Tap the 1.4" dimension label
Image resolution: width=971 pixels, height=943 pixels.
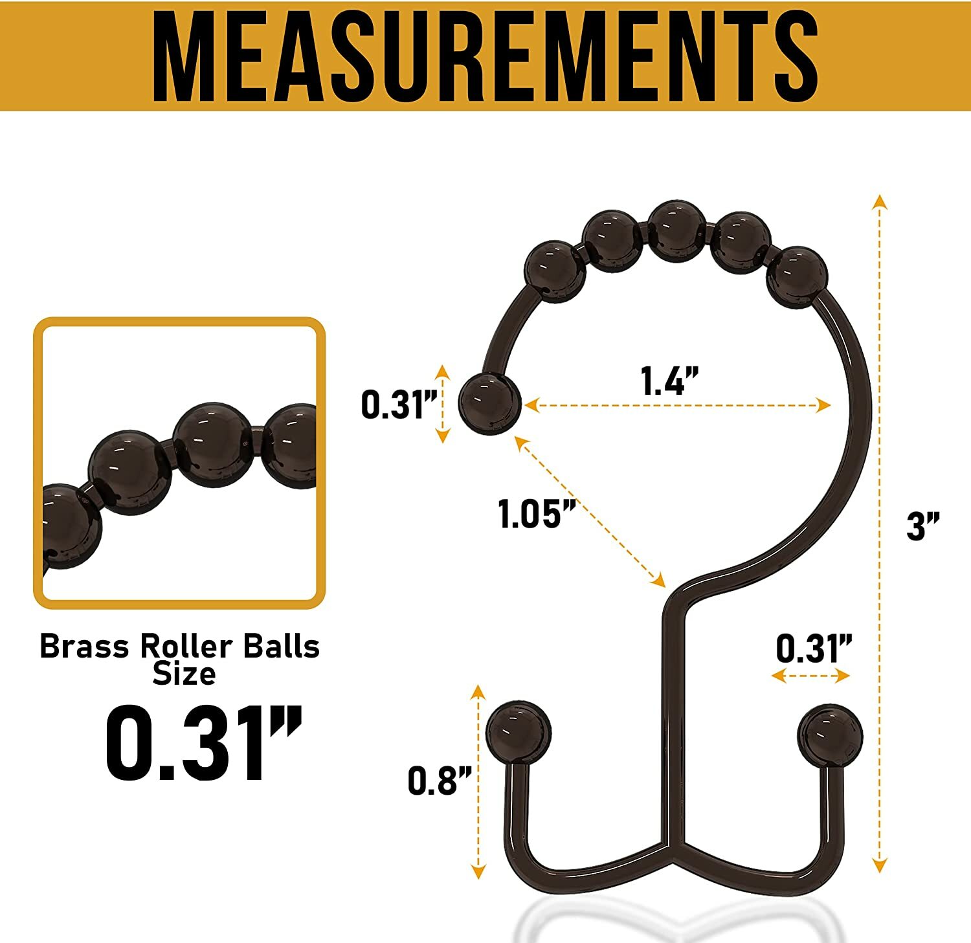[671, 381]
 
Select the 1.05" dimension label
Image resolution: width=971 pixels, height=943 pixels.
[537, 514]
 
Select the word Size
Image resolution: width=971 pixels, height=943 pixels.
[184, 673]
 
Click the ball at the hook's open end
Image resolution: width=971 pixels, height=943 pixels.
[489, 404]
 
